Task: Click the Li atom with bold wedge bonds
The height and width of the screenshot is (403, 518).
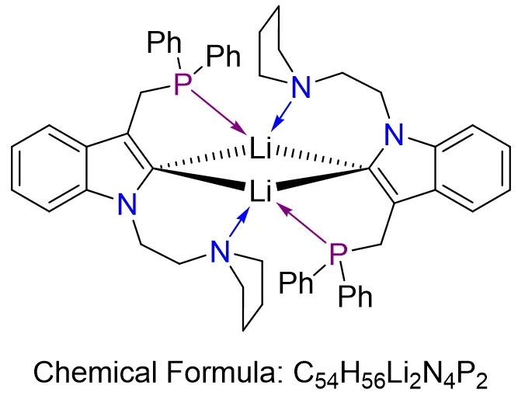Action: pos(259,189)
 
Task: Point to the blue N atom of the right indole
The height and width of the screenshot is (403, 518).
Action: pos(395,137)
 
